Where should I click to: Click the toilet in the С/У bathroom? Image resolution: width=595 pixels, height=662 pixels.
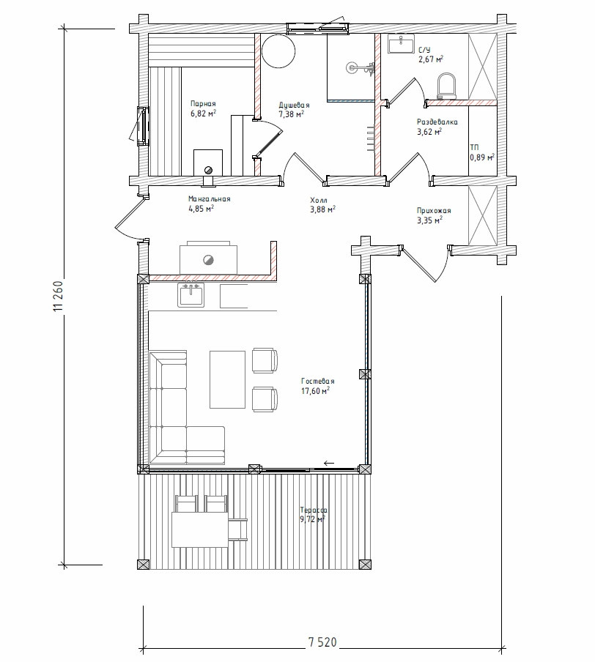pyautogui.click(x=447, y=86)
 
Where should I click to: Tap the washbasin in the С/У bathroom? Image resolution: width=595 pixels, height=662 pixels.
pyautogui.click(x=401, y=45)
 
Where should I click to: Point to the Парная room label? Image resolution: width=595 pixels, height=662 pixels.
pyautogui.click(x=203, y=103)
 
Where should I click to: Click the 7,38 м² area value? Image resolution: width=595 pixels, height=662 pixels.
pyautogui.click(x=291, y=114)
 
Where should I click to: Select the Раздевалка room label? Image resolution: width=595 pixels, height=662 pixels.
pyautogui.click(x=437, y=122)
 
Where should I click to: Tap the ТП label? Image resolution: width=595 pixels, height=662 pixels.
pyautogui.click(x=475, y=147)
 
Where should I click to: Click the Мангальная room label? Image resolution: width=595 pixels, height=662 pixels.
pyautogui.click(x=209, y=199)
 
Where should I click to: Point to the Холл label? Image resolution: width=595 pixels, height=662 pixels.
pyautogui.click(x=319, y=200)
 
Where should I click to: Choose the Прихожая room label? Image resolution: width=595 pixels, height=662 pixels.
pyautogui.click(x=434, y=211)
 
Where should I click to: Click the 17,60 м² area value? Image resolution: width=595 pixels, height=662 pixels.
pyautogui.click(x=315, y=391)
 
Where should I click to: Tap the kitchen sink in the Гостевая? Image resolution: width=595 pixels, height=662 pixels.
pyautogui.click(x=191, y=295)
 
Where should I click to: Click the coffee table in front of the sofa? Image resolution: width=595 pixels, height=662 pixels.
pyautogui.click(x=227, y=379)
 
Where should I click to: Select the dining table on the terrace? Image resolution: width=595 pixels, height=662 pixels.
pyautogui.click(x=200, y=530)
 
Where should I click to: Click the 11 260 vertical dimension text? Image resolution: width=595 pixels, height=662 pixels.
pyautogui.click(x=59, y=297)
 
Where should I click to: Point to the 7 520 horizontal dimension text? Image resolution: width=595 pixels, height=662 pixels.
pyautogui.click(x=322, y=642)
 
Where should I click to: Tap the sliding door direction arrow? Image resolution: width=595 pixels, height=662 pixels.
pyautogui.click(x=329, y=463)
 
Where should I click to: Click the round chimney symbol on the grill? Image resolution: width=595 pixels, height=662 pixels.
pyautogui.click(x=208, y=260)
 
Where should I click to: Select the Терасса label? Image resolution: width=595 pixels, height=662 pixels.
pyautogui.click(x=313, y=510)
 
